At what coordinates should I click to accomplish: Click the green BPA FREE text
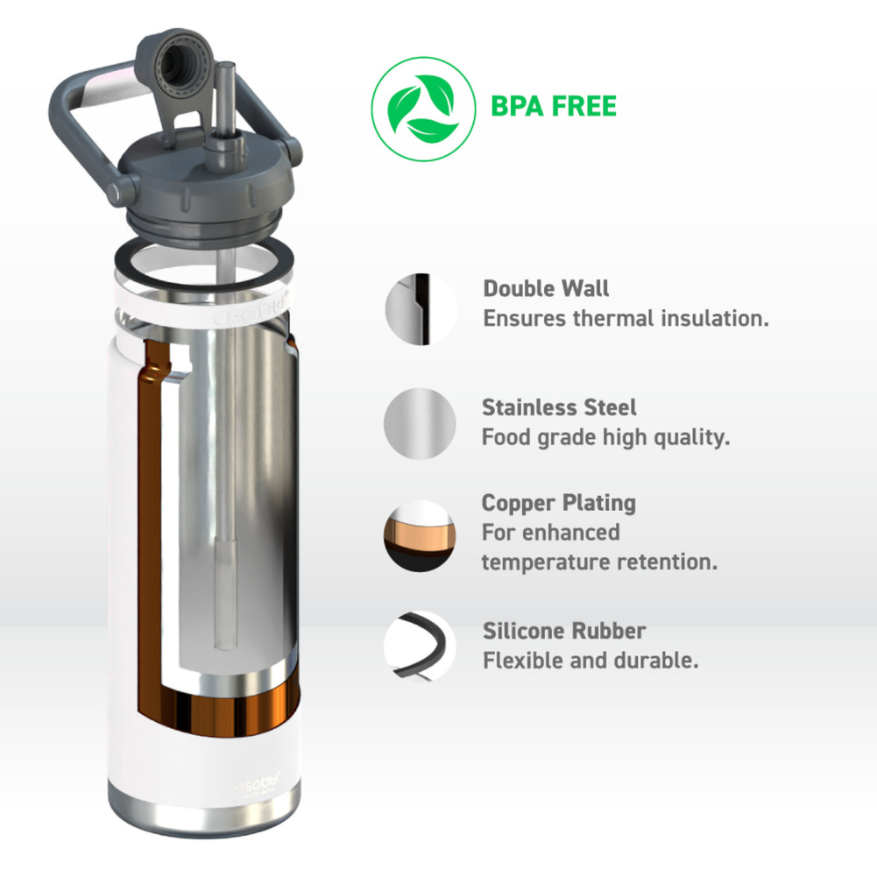(553, 106)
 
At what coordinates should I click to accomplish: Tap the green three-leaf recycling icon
(423, 109)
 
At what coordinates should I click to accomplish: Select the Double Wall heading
(546, 288)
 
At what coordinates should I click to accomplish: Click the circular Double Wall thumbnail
(421, 309)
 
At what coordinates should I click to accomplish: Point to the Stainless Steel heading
(559, 407)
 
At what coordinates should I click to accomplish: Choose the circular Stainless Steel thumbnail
(420, 423)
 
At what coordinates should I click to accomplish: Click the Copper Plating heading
(558, 503)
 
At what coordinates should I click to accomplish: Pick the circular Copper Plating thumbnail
(420, 536)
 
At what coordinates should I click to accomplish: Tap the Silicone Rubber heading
(564, 631)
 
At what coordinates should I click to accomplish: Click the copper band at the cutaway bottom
(230, 711)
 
